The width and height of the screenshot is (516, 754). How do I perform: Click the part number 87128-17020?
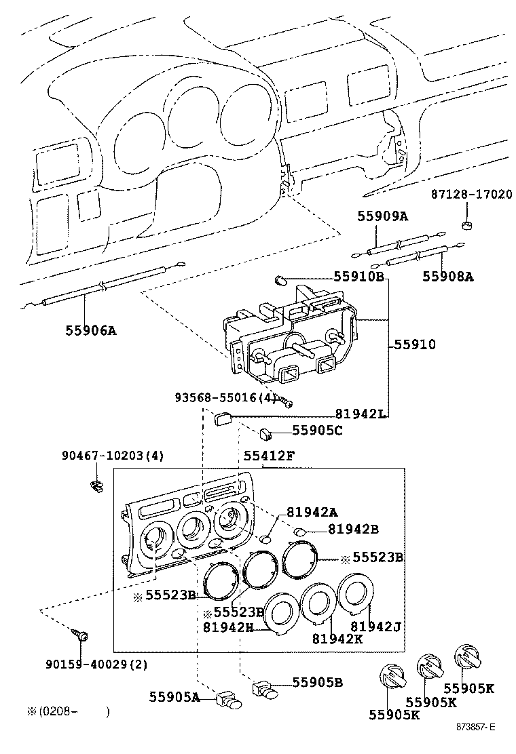(471, 194)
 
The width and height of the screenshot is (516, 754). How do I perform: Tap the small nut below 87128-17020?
(466, 225)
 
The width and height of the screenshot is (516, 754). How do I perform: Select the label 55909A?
(383, 216)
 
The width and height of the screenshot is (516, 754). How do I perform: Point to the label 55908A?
(449, 276)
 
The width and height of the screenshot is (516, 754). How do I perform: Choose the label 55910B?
(359, 277)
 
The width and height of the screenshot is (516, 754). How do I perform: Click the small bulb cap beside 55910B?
(282, 279)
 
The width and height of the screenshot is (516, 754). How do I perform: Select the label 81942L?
(361, 414)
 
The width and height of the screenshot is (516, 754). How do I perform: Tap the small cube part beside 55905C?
(266, 431)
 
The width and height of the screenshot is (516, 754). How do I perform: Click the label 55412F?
(269, 456)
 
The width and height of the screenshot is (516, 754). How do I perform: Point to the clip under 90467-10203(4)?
(97, 485)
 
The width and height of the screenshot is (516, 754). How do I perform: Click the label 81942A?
(312, 512)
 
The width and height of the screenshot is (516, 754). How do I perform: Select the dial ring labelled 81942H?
(280, 612)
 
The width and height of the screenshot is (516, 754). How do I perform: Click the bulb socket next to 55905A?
(228, 700)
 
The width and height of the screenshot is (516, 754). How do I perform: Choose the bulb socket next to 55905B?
(265, 690)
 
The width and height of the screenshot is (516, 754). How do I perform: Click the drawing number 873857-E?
(475, 727)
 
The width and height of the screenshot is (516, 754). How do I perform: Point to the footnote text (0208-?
(54, 711)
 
